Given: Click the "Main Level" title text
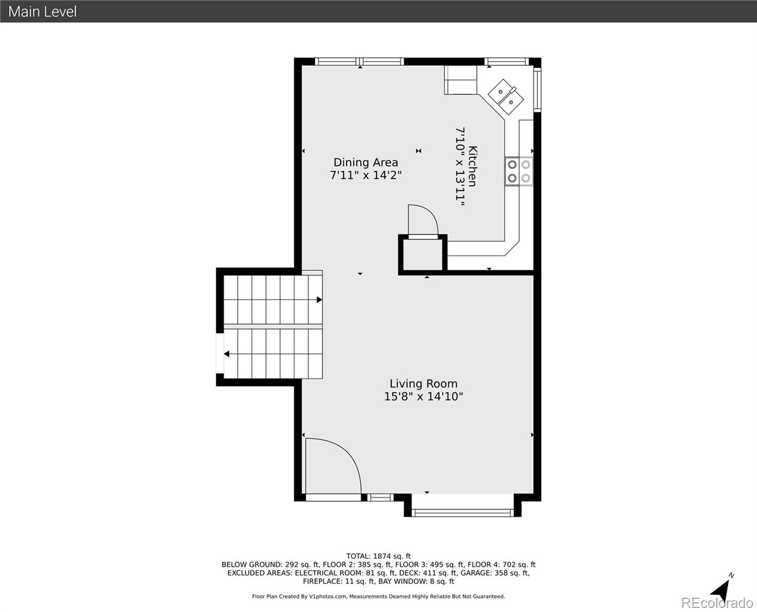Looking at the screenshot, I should pos(42,11).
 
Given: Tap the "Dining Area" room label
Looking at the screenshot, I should pos(365,162).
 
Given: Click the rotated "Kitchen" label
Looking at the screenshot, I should pos(473,166).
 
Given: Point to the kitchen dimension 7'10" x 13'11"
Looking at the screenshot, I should pos(460,166).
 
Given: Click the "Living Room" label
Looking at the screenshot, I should pos(423,384).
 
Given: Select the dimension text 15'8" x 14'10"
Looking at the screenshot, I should pos(423,397).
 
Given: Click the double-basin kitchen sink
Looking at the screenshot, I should pos(506,96).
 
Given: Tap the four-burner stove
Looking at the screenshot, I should pos(519,171).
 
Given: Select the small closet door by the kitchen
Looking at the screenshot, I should pos(422,220).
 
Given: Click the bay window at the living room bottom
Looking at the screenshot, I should pos(462,512).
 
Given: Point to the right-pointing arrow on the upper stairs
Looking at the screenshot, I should pos(319,300).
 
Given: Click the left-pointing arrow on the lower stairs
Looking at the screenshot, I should pos(226,354).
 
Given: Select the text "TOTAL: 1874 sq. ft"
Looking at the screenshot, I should pos(378,556).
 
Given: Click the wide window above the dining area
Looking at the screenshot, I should pos(360,62).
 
